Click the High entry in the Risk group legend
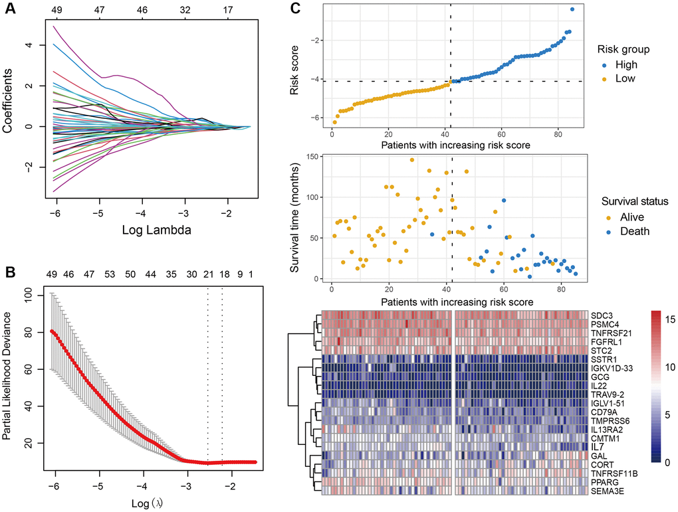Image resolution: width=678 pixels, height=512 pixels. [626, 64]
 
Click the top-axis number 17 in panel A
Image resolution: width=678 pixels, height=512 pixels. [228, 11]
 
